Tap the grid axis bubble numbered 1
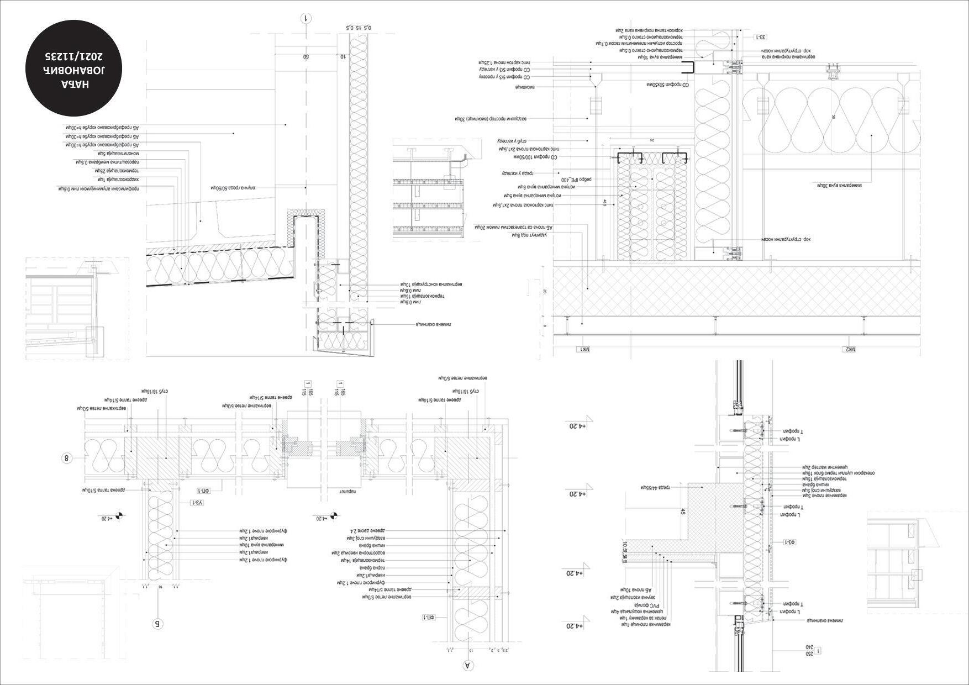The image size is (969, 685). (307, 19)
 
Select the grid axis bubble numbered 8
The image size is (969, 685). (67, 458)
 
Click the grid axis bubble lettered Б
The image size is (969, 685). (157, 624)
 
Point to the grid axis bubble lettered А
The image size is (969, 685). (467, 666)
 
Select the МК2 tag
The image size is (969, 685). (848, 350)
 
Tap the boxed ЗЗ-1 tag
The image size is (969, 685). (762, 37)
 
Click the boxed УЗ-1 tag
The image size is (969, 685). (198, 503)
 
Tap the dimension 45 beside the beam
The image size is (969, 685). (683, 512)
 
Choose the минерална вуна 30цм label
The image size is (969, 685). (839, 185)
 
